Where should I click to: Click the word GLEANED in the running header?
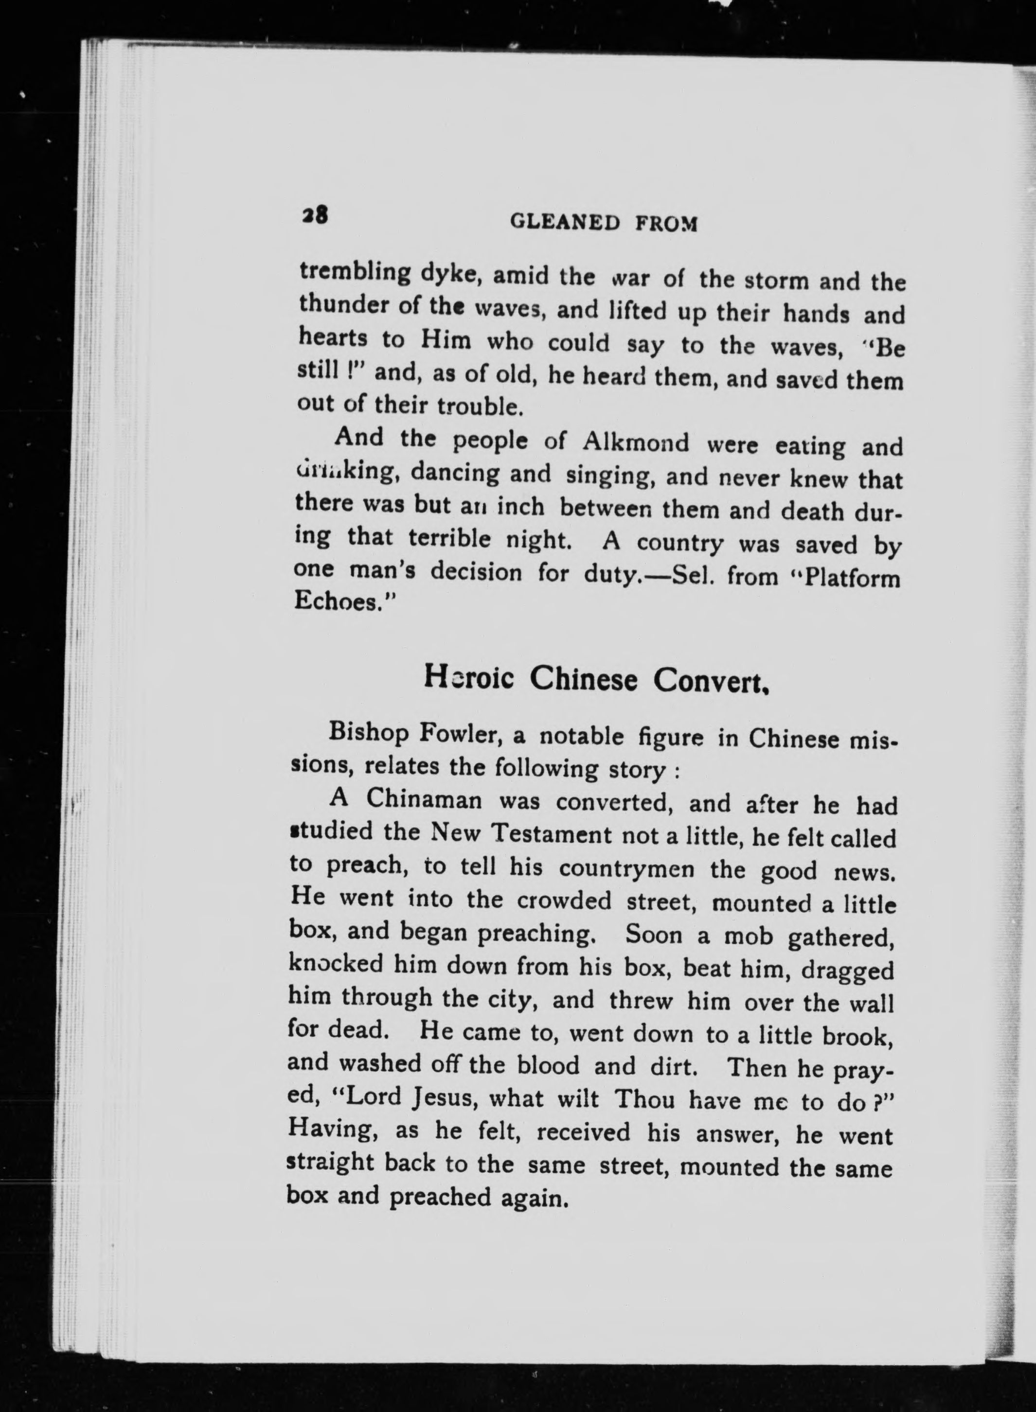click(566, 222)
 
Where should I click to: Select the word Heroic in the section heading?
click(468, 677)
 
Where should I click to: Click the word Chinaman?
click(425, 799)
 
